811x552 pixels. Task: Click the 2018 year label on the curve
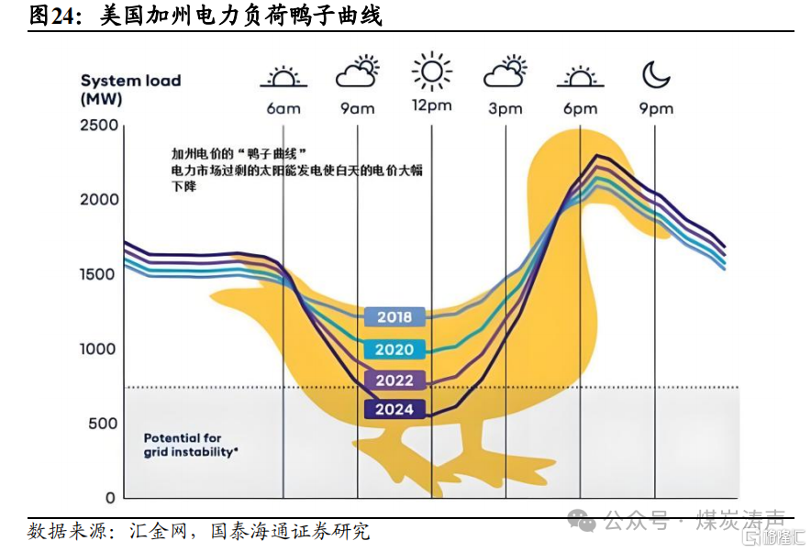tap(394, 317)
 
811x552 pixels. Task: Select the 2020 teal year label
tap(394, 349)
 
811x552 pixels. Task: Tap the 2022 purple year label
tap(394, 380)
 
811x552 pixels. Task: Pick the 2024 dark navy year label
tap(394, 409)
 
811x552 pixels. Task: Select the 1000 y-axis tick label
tap(99, 349)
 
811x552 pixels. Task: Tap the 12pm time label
tap(431, 105)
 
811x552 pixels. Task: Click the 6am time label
tap(283, 108)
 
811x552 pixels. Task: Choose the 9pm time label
tap(656, 108)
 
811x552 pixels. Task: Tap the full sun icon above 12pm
tap(431, 71)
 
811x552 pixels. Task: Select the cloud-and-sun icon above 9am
tap(357, 72)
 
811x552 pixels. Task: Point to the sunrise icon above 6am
tap(283, 76)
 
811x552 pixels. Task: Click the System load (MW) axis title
tap(130, 89)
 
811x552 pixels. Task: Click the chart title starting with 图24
tap(206, 16)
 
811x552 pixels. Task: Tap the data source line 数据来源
tap(198, 531)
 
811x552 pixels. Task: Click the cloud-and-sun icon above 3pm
tap(505, 72)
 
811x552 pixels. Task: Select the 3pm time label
tap(505, 108)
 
